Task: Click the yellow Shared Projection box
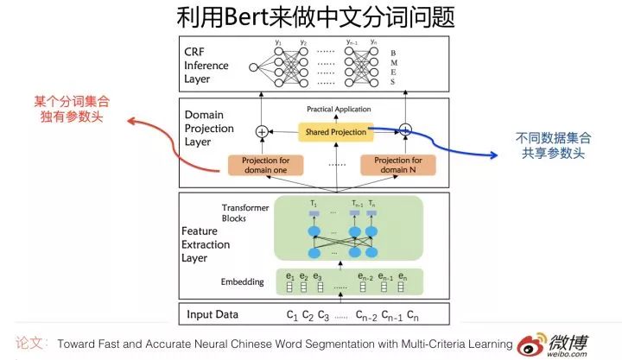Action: coord(334,132)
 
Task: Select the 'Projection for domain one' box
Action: coord(268,163)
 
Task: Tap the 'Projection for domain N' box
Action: coord(398,163)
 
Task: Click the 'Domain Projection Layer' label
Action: coord(210,127)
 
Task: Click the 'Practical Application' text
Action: coord(340,110)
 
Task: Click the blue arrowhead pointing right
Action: coord(494,156)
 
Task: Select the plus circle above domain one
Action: coord(262,132)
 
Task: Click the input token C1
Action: coord(291,313)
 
